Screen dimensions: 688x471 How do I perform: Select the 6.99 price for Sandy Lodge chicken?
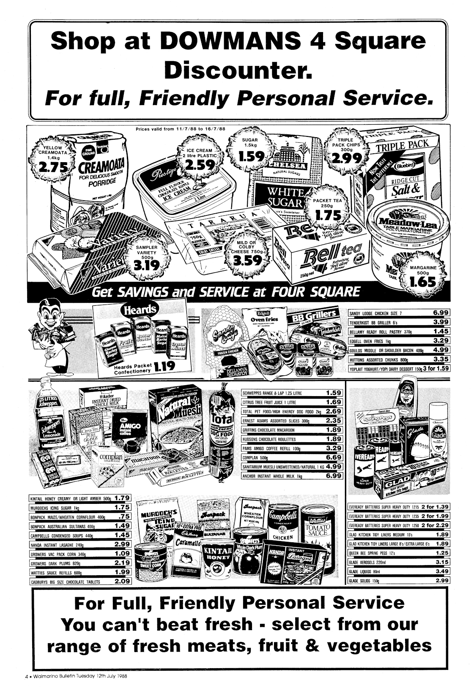pos(441,313)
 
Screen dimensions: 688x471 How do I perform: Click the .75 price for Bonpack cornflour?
pos(123,517)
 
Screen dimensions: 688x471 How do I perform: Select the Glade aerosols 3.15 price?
pos(441,562)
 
